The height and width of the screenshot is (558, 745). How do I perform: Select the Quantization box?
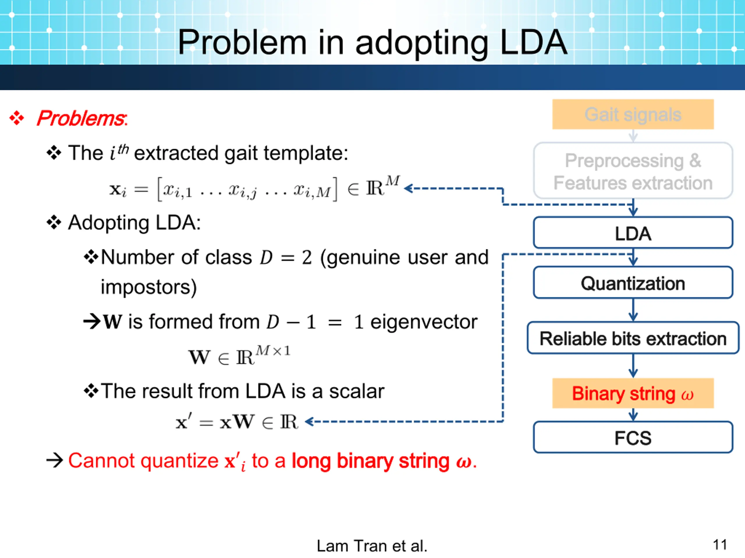[633, 283]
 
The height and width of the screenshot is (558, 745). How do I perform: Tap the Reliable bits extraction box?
[633, 338]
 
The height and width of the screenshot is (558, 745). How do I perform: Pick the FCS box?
[633, 438]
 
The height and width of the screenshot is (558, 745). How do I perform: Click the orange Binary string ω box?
[633, 393]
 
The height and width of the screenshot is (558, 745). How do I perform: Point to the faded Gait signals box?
[633, 114]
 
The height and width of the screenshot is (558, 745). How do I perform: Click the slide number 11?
[720, 545]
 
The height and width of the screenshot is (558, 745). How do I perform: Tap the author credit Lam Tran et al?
[372, 546]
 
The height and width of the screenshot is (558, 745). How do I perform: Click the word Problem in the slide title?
[242, 42]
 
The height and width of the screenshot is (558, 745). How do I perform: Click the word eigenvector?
[424, 322]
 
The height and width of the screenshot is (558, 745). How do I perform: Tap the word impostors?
[148, 287]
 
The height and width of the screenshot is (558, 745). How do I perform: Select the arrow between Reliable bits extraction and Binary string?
[633, 366]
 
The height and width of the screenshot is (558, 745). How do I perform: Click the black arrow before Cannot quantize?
[54, 460]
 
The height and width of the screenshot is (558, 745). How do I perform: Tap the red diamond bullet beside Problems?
[17, 118]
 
